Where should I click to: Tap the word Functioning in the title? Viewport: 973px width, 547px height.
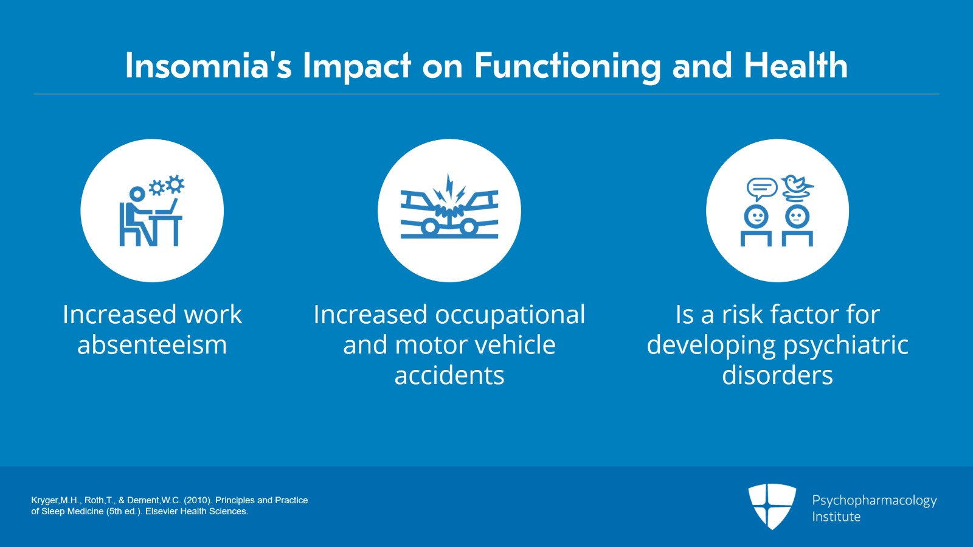(567, 66)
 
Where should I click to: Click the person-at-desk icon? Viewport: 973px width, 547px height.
(151, 211)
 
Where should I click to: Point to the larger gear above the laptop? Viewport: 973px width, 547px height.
(175, 184)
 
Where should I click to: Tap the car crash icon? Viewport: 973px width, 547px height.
(449, 206)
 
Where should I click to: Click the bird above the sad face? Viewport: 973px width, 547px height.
(797, 187)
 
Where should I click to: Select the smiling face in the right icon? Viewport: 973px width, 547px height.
(757, 216)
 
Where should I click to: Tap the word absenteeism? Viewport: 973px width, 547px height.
(152, 345)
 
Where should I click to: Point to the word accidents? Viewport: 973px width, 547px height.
(449, 375)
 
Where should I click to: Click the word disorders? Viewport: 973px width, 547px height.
(778, 375)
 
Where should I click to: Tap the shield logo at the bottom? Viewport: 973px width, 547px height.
(772, 506)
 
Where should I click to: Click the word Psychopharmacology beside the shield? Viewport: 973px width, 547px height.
(874, 501)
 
